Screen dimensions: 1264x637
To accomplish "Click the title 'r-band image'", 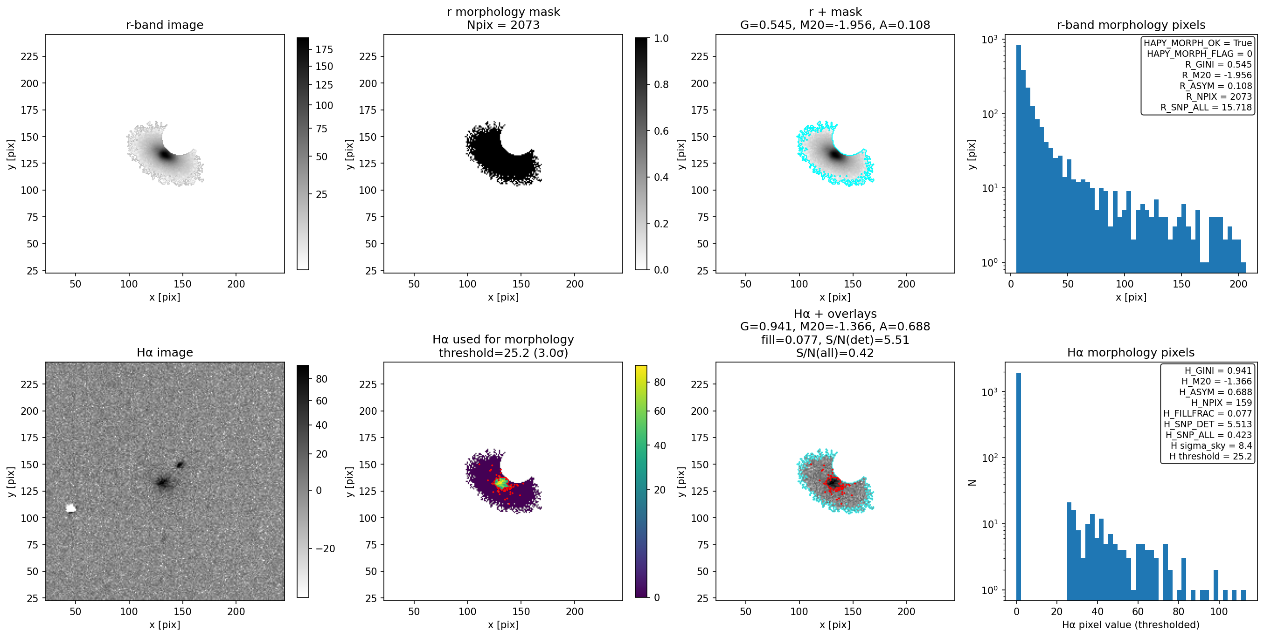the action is (x=164, y=25).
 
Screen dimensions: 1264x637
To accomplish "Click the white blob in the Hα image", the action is (x=71, y=508).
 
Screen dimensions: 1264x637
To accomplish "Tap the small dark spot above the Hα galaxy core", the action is (x=180, y=464).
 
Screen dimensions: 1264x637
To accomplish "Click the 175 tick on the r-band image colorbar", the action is (x=324, y=49).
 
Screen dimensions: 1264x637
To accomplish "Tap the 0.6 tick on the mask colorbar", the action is (x=661, y=131).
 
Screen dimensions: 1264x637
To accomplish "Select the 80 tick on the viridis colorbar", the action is (x=660, y=383).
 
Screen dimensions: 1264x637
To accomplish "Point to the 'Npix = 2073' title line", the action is (x=503, y=25).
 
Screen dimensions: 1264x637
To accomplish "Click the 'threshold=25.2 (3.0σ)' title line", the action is (x=503, y=353).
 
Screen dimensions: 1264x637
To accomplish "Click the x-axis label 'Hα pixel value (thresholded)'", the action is (x=1131, y=624).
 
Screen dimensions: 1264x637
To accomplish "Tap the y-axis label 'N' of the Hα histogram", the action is (x=972, y=483).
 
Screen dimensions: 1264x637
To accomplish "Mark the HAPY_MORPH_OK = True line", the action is (x=1198, y=43).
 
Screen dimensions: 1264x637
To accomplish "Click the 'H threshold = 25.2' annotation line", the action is (x=1210, y=456).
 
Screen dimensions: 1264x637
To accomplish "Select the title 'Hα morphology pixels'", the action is (x=1131, y=352).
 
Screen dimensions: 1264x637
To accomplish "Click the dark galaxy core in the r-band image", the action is (x=166, y=154).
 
